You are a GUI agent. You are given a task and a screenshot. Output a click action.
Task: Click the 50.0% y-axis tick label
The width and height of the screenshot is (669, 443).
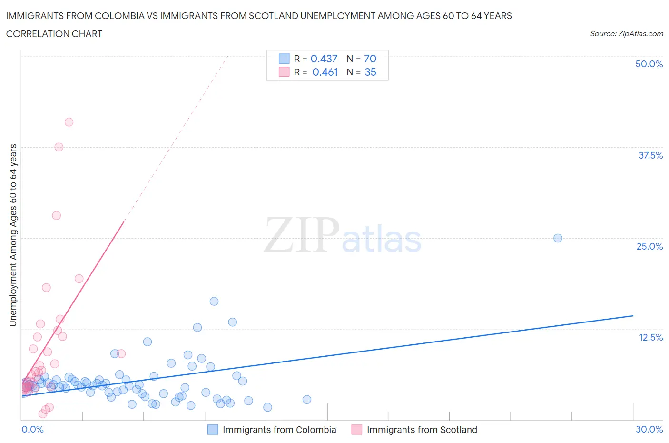(x=649, y=64)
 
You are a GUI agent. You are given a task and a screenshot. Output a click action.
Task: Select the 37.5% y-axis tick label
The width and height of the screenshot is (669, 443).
(x=650, y=155)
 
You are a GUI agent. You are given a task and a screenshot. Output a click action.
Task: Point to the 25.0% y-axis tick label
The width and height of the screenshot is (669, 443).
(x=649, y=246)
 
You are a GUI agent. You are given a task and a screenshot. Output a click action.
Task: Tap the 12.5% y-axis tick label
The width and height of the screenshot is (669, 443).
(x=650, y=337)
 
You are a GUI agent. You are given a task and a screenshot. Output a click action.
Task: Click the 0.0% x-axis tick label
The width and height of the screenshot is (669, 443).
(x=32, y=429)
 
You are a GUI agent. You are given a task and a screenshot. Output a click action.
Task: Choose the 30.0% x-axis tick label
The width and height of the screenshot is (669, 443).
(x=649, y=429)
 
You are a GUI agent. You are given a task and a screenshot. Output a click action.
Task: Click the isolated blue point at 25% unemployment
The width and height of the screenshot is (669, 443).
(x=558, y=238)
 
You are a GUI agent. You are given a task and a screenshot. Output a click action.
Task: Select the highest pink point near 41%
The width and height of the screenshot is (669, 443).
(x=69, y=122)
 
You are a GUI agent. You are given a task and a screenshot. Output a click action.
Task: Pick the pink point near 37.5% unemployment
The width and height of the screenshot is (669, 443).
(x=59, y=147)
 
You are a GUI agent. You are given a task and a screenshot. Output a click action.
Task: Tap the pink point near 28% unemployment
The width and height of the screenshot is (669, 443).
(x=57, y=215)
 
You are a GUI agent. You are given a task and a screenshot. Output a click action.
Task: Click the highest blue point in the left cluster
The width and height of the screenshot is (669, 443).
(x=214, y=301)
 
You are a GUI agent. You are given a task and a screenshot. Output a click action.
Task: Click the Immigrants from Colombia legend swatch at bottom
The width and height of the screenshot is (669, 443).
(x=213, y=430)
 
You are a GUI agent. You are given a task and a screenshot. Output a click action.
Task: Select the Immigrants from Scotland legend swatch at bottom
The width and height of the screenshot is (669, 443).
(x=357, y=430)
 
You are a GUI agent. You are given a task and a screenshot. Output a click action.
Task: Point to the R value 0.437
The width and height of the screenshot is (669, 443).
(x=324, y=59)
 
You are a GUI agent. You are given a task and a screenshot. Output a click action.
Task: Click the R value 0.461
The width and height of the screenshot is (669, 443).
(x=325, y=72)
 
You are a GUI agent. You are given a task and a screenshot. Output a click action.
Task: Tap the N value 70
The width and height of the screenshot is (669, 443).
(x=370, y=59)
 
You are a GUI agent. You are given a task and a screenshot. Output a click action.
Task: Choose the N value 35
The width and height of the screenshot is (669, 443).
(x=370, y=72)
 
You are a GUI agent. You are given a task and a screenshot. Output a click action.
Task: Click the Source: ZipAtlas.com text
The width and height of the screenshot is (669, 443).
(x=626, y=34)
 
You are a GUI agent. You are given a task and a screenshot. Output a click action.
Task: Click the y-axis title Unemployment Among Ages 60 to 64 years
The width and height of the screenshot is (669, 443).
(x=13, y=235)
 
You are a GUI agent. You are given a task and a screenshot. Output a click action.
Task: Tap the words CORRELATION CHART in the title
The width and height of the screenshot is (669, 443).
(x=54, y=34)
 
